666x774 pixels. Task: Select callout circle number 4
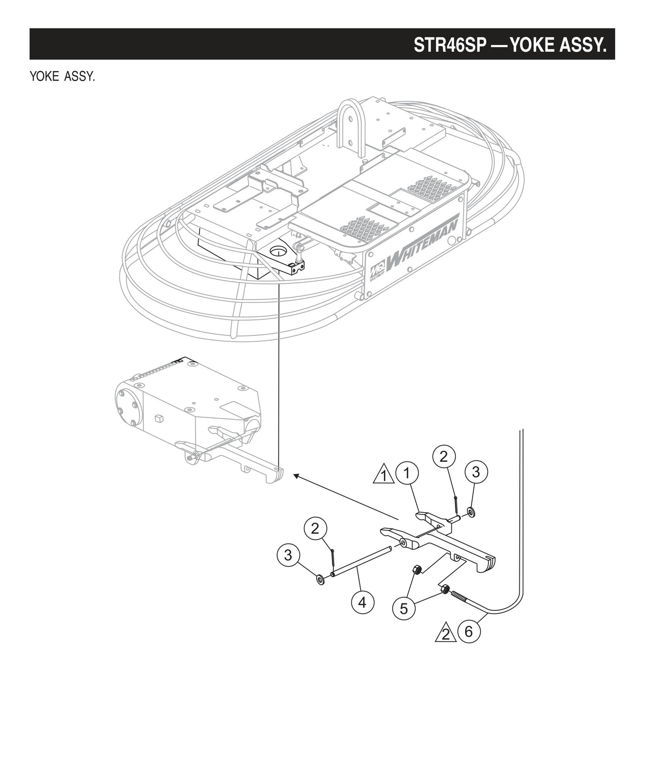(x=362, y=602)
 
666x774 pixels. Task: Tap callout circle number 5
(x=404, y=609)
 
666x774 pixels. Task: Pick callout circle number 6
(x=469, y=631)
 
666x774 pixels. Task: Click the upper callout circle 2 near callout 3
(x=443, y=457)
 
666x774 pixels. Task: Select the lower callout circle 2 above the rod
(x=315, y=529)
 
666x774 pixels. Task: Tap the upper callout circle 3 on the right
(x=476, y=472)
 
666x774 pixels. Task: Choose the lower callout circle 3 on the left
(x=288, y=555)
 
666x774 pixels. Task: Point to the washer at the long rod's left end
(x=319, y=579)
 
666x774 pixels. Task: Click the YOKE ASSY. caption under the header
(x=62, y=77)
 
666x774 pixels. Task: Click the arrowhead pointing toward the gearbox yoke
(x=296, y=475)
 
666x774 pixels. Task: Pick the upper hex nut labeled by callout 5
(x=416, y=569)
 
